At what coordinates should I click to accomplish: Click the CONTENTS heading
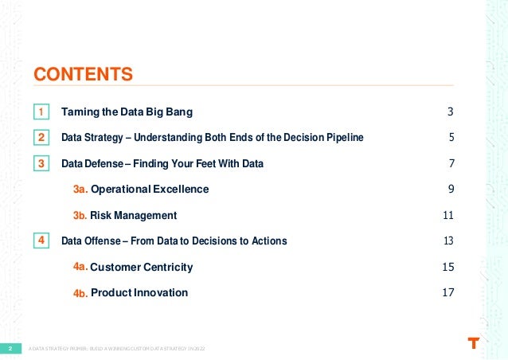pyautogui.click(x=83, y=75)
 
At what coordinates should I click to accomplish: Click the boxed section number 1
pyautogui.click(x=41, y=112)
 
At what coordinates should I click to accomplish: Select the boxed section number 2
pyautogui.click(x=41, y=138)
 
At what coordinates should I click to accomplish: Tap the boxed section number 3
pyautogui.click(x=41, y=164)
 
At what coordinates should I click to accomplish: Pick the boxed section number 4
pyautogui.click(x=41, y=241)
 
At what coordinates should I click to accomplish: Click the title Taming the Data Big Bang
pyautogui.click(x=127, y=112)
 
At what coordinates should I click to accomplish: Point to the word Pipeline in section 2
pyautogui.click(x=343, y=138)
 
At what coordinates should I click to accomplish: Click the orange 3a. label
pyautogui.click(x=80, y=190)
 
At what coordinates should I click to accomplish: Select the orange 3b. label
pyautogui.click(x=80, y=216)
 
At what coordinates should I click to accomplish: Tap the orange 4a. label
pyautogui.click(x=80, y=267)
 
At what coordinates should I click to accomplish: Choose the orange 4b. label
pyautogui.click(x=80, y=293)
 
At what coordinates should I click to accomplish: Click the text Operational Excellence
pyautogui.click(x=150, y=190)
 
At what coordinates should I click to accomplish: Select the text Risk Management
pyautogui.click(x=133, y=216)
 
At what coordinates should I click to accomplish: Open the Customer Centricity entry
pyautogui.click(x=141, y=267)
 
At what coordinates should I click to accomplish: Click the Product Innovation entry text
pyautogui.click(x=139, y=293)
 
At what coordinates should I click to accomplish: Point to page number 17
pyautogui.click(x=447, y=293)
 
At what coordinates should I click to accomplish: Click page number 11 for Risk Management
pyautogui.click(x=447, y=216)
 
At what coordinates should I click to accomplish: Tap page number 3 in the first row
pyautogui.click(x=451, y=112)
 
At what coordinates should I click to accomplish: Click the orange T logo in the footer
pyautogui.click(x=474, y=344)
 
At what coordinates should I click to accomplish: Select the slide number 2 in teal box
pyautogui.click(x=10, y=349)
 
